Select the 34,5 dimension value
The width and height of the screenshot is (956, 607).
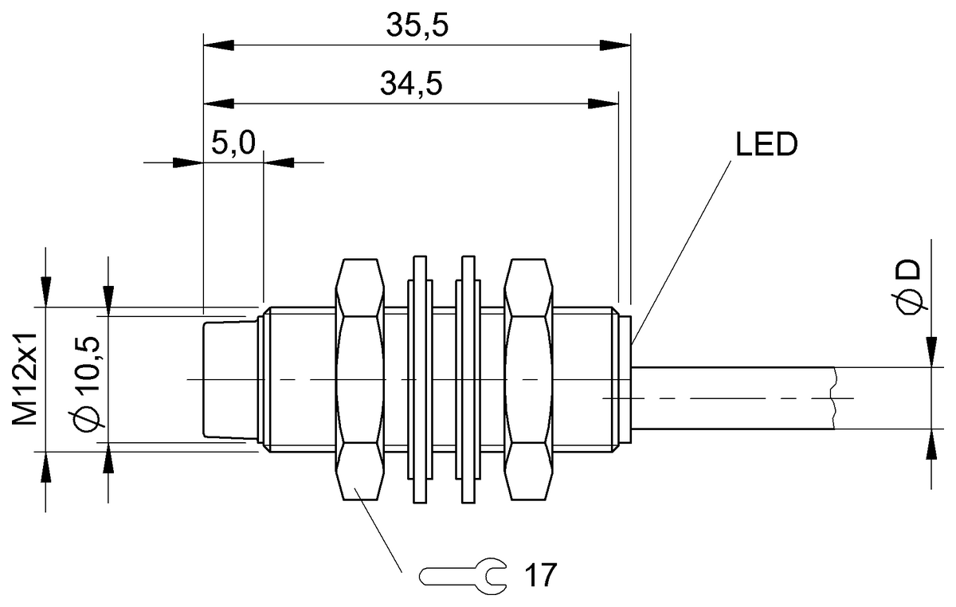[410, 84]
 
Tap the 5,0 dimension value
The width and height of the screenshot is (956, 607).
[233, 143]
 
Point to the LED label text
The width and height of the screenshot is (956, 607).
[764, 146]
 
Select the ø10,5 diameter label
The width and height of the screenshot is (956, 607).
[89, 381]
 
